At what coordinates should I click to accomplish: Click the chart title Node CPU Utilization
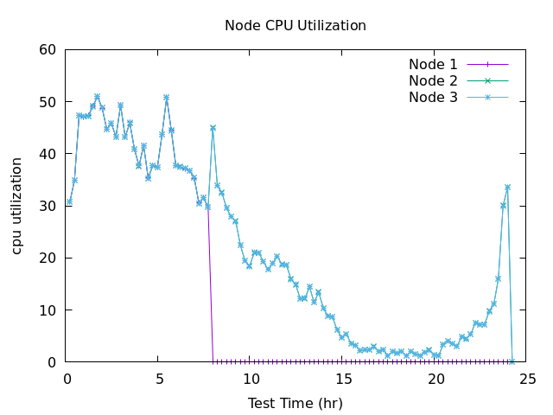(296, 25)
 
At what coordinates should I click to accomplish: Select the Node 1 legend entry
(433, 64)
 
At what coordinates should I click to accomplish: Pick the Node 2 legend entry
(433, 80)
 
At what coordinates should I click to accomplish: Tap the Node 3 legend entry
(433, 97)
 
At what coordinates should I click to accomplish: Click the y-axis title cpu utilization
(17, 206)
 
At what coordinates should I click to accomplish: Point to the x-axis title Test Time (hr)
(296, 403)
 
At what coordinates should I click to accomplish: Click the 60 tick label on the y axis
(48, 49)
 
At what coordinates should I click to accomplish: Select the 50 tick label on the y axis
(48, 101)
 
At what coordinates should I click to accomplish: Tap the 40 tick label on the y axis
(48, 154)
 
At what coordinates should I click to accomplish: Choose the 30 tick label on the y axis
(48, 206)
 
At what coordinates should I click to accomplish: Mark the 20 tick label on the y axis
(48, 258)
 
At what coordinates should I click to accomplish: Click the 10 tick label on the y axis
(48, 310)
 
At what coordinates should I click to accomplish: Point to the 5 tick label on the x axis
(159, 378)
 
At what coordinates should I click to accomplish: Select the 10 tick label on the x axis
(251, 378)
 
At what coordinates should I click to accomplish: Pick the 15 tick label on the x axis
(344, 378)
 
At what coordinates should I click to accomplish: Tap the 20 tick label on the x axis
(436, 378)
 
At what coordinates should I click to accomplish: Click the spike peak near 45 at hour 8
(213, 128)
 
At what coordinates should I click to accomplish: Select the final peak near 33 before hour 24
(507, 187)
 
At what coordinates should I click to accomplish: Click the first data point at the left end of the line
(70, 201)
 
